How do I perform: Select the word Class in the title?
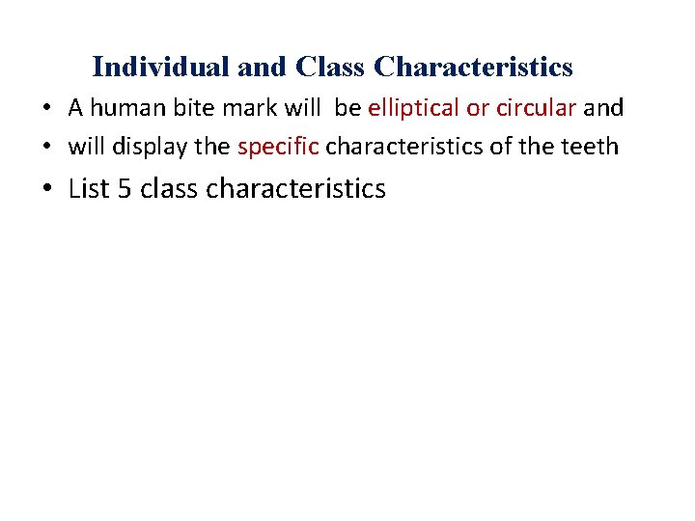[331, 68]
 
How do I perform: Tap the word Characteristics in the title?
[473, 68]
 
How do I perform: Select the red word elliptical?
[412, 107]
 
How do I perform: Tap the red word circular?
[536, 107]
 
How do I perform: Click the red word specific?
[278, 147]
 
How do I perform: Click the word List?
[90, 188]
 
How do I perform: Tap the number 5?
[125, 189]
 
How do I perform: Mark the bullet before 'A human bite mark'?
[46, 108]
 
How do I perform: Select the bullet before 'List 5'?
[47, 189]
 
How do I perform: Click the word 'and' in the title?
[265, 68]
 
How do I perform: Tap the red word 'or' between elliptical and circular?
[478, 108]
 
